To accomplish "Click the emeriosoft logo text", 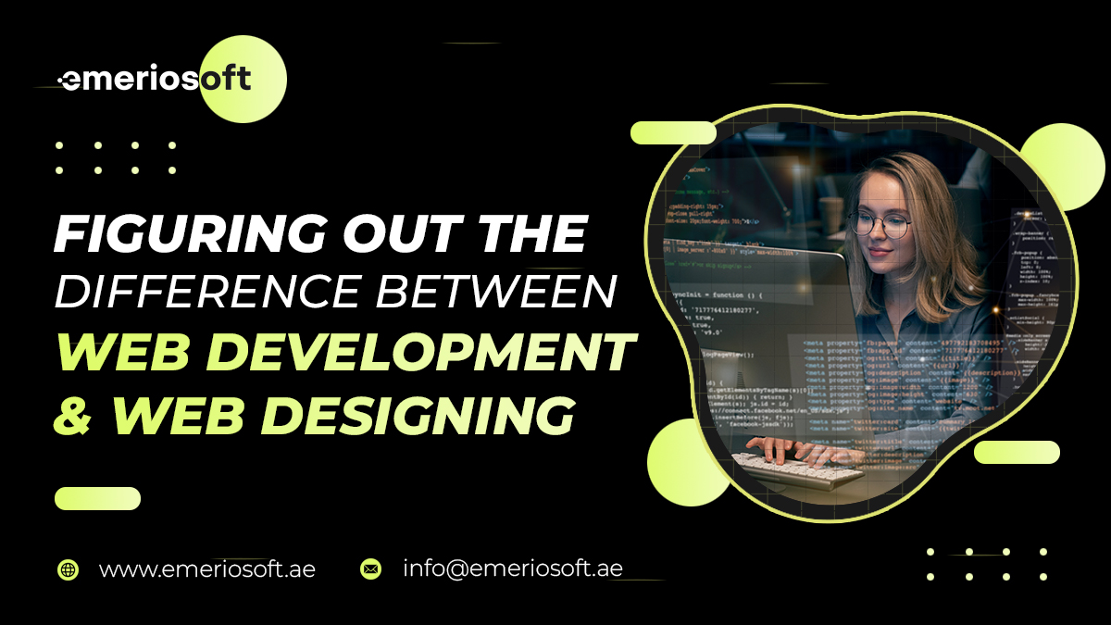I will [155, 79].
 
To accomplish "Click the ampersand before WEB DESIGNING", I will [72, 415].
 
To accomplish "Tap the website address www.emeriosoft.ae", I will [206, 569].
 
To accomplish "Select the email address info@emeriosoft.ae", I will [512, 569].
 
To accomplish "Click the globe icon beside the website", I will [68, 569].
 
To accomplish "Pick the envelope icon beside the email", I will [370, 569].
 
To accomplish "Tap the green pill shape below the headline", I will [97, 499].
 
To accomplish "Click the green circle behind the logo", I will [243, 79].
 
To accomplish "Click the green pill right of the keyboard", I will [1017, 452].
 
